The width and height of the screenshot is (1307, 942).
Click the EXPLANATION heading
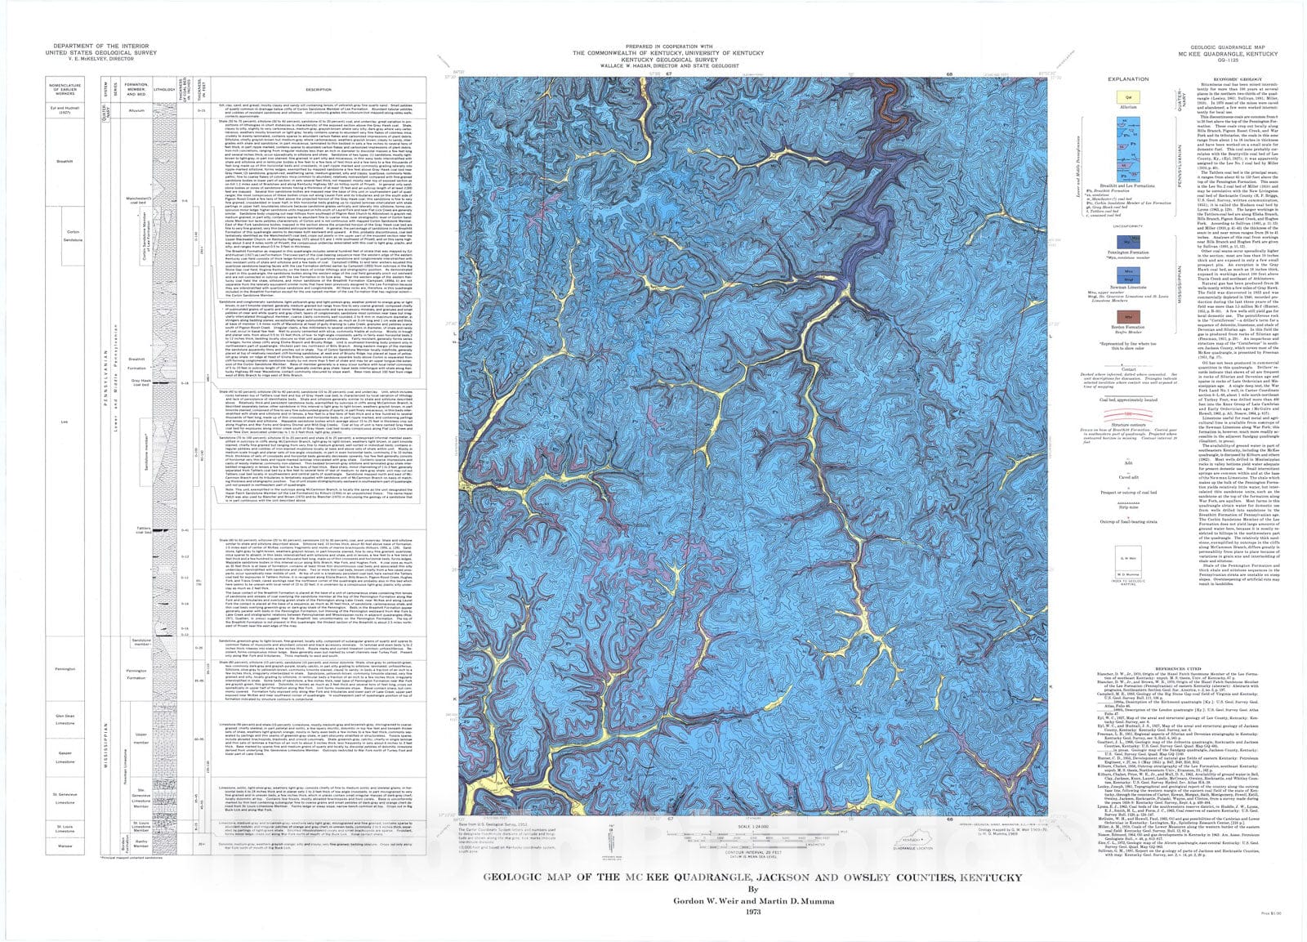tap(1128, 79)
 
